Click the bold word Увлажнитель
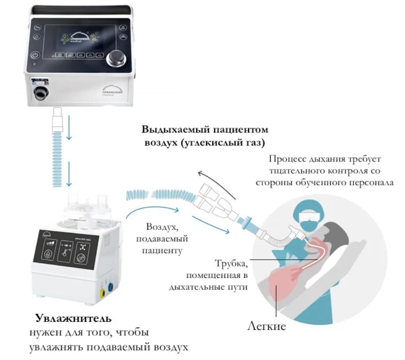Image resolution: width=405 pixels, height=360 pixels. tap(73, 317)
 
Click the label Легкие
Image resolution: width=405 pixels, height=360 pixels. tap(267, 327)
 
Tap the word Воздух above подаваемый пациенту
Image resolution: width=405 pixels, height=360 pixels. tap(161, 227)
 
